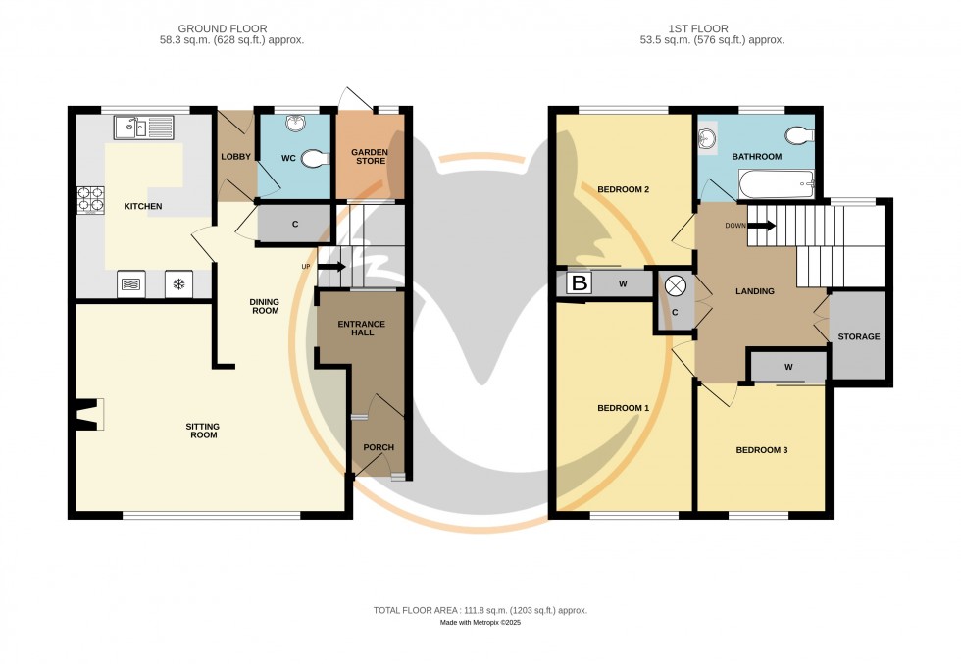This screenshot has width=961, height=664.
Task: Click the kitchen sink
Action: click(x=143, y=127)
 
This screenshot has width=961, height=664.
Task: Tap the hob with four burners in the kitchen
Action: click(x=90, y=199)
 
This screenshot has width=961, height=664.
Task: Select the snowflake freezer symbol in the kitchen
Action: click(x=178, y=284)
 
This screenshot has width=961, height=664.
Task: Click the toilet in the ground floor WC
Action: click(x=313, y=157)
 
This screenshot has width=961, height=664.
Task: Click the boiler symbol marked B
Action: click(x=580, y=284)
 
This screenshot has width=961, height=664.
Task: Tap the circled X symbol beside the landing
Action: click(x=676, y=286)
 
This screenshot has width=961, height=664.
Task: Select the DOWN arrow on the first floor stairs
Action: click(x=761, y=225)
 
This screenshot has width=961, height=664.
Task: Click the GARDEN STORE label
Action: click(x=370, y=158)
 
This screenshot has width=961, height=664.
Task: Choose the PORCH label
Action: click(x=379, y=447)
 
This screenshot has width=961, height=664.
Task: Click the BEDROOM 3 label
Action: click(x=762, y=450)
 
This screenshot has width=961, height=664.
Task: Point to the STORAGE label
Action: click(x=858, y=336)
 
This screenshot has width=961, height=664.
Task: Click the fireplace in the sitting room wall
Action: click(x=89, y=414)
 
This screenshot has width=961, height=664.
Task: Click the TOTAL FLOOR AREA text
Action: click(x=480, y=610)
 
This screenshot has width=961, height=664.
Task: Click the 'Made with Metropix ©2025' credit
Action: click(x=480, y=623)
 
